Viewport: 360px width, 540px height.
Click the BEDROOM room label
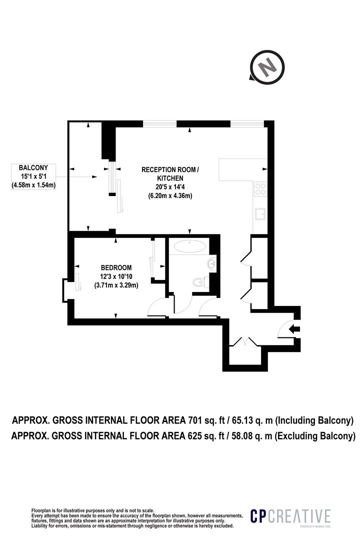click(x=116, y=267)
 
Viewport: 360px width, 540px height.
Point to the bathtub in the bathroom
click(x=189, y=246)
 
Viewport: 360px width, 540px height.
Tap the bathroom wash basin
click(x=211, y=263)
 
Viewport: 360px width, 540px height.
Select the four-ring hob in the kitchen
click(x=260, y=188)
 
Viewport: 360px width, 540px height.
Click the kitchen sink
click(x=260, y=214)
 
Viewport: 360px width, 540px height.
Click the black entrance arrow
click(x=294, y=328)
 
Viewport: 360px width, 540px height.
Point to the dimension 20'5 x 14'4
click(x=170, y=187)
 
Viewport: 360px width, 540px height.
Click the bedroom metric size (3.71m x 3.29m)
click(x=116, y=285)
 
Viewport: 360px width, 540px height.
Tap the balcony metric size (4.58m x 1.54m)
click(x=33, y=185)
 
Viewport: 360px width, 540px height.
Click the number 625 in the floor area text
click(x=197, y=436)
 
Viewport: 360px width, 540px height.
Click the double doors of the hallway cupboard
click(x=243, y=342)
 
